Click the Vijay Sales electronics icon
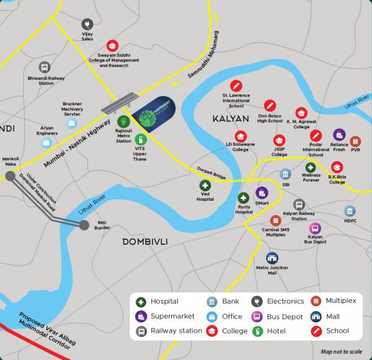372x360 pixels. pos(87,25)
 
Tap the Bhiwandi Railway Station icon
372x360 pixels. pos(45,67)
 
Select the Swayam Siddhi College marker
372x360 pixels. pos(112,45)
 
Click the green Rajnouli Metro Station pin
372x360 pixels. pos(123,121)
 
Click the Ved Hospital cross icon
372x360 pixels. pos(205,185)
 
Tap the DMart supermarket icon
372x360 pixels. pos(262,193)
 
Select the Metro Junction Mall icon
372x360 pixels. pos(272,258)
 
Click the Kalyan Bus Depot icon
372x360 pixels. pos(315,228)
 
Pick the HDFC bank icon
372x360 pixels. pos(350,211)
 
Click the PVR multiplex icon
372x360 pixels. pos(355,141)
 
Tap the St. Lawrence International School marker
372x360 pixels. pos(236,86)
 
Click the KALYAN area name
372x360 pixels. pos(230,118)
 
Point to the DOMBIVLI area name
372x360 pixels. pos(146,241)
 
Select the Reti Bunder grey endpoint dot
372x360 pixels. pos(84,224)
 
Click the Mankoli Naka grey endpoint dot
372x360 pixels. pos(11,177)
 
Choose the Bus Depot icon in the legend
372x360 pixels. pos(258,316)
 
